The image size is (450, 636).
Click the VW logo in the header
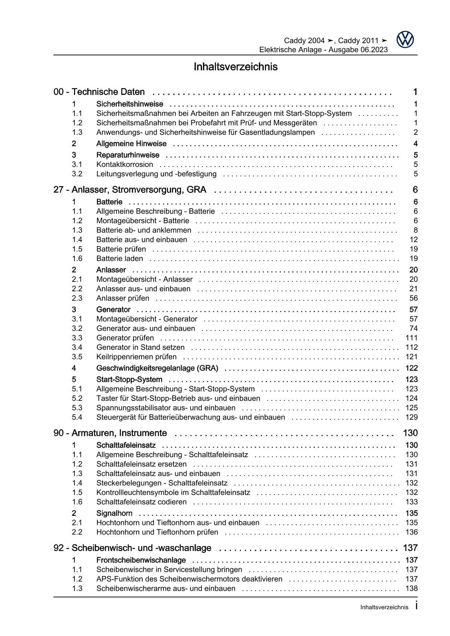(x=405, y=40)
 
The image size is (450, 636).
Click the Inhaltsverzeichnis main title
(x=236, y=67)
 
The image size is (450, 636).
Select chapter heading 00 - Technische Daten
(x=99, y=92)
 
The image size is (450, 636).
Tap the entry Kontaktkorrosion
(x=124, y=165)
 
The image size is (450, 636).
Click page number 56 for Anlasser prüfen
(x=413, y=298)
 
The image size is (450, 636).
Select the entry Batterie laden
(x=119, y=259)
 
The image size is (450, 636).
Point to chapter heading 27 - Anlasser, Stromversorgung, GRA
(x=130, y=190)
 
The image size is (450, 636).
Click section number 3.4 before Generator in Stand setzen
(x=77, y=347)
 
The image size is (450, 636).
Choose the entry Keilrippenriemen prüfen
(x=136, y=357)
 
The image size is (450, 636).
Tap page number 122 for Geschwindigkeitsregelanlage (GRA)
(x=412, y=368)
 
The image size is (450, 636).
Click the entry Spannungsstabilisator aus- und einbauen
(x=165, y=408)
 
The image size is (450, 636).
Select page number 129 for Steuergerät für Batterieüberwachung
(x=412, y=417)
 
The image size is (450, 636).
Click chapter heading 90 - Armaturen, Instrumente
(x=110, y=433)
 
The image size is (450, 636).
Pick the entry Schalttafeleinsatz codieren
(x=141, y=502)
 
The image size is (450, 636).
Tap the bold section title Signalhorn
(x=114, y=513)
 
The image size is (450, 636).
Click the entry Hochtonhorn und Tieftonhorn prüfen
(x=157, y=532)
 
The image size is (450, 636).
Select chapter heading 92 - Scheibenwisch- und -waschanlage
(x=132, y=548)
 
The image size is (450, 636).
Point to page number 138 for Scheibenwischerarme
(x=412, y=588)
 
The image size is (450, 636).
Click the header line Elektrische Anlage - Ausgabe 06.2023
(x=323, y=50)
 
